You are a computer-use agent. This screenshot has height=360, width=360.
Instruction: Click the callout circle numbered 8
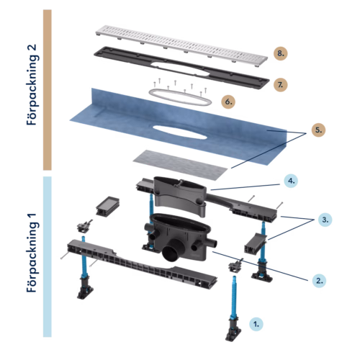[281, 53]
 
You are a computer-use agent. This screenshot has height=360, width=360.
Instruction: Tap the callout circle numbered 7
[280, 85]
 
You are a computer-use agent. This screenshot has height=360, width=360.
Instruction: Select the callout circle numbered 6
[228, 102]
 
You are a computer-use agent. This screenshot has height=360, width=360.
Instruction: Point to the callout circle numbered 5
[318, 130]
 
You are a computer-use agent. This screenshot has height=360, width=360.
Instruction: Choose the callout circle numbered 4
[291, 181]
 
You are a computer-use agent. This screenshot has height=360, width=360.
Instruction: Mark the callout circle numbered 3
[325, 220]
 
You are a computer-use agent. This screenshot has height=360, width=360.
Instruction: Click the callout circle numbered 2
[319, 281]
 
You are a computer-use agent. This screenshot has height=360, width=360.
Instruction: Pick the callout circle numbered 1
[256, 324]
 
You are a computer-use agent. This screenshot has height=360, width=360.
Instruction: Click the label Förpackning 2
[32, 84]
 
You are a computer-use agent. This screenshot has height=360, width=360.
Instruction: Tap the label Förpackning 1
[32, 253]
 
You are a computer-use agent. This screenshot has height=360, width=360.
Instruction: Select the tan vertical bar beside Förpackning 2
[48, 90]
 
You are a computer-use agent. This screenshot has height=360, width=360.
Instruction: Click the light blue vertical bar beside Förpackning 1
[48, 257]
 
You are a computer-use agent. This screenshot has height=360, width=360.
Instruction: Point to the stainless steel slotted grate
[181, 45]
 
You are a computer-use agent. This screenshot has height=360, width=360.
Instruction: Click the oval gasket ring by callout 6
[180, 103]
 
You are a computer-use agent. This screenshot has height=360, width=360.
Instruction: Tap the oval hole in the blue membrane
[180, 132]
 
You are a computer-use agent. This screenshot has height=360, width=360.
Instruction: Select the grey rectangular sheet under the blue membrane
[180, 165]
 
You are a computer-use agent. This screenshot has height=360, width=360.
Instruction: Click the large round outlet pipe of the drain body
[171, 254]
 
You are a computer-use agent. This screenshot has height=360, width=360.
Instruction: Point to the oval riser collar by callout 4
[180, 196]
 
